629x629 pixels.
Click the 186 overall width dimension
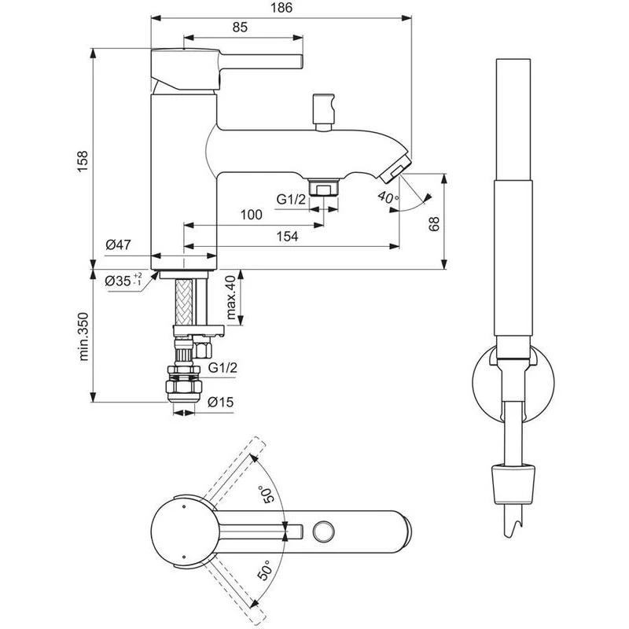coord(281,8)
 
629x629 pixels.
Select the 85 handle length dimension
coord(240,28)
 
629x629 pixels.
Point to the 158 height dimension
coord(83,161)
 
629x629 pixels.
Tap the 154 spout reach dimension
coord(287,237)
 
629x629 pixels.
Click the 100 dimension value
coord(251,215)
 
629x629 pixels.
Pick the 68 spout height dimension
coord(434,224)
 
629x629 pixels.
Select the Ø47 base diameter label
coord(119,245)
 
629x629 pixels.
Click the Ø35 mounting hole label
coord(123,281)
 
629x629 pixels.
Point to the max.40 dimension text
coord(230,297)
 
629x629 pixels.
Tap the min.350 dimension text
coord(83,337)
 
